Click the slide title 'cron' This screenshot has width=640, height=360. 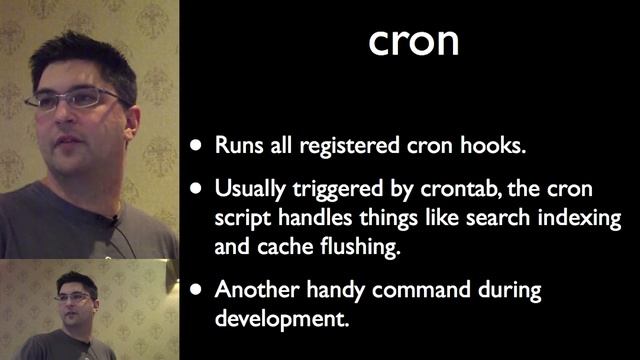pos(414,42)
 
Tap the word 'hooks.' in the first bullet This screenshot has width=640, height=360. pos(494,145)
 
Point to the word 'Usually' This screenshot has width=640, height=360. pos(251,188)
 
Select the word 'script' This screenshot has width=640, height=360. pos(241,218)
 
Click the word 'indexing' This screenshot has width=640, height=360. pos(581,218)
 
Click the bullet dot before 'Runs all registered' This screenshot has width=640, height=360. pos(198,146)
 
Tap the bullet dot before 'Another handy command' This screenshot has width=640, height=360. pos(198,291)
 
